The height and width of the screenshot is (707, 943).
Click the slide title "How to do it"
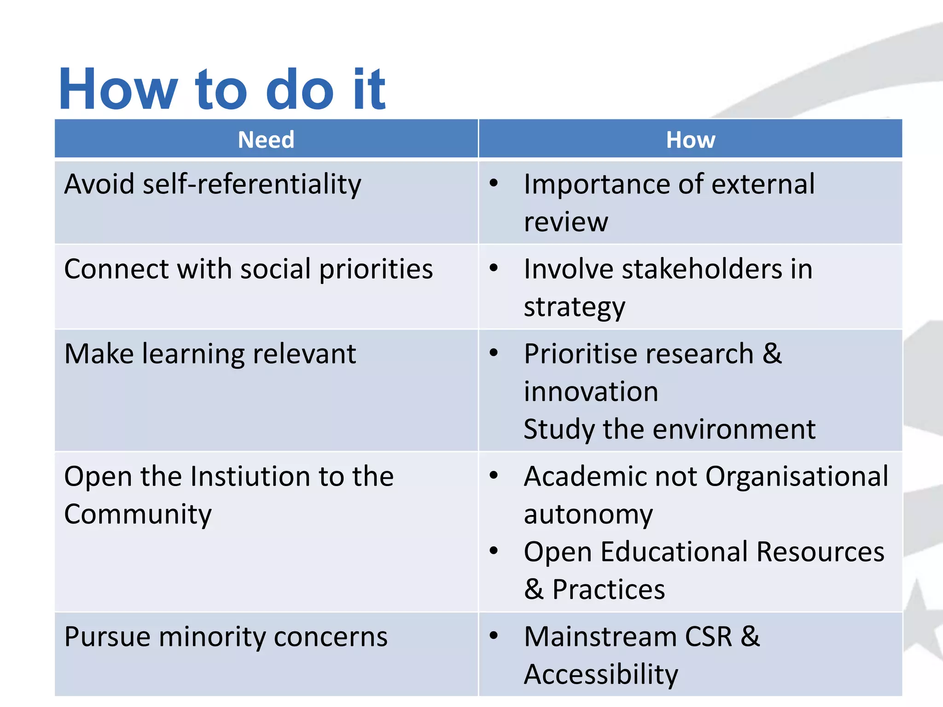coord(222,89)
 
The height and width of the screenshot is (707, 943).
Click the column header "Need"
coord(266,139)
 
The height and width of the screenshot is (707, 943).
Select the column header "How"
coord(690,139)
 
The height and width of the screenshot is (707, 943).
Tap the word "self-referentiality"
coord(252,184)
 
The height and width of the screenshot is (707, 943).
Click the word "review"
coord(566,222)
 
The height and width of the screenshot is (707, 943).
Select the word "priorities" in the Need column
coord(376,269)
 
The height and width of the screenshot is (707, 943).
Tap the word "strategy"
coord(574,307)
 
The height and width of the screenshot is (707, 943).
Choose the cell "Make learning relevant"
coord(210,354)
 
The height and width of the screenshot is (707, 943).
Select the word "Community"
coord(138,514)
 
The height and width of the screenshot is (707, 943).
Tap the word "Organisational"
coord(797,476)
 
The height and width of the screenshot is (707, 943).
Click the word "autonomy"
coord(588,514)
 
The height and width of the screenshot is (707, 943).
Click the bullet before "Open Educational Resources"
coord(494,551)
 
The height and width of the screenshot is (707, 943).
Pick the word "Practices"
coord(608,590)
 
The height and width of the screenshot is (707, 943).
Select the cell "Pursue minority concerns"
coord(226,637)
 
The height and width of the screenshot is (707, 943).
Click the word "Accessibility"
coord(601,675)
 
